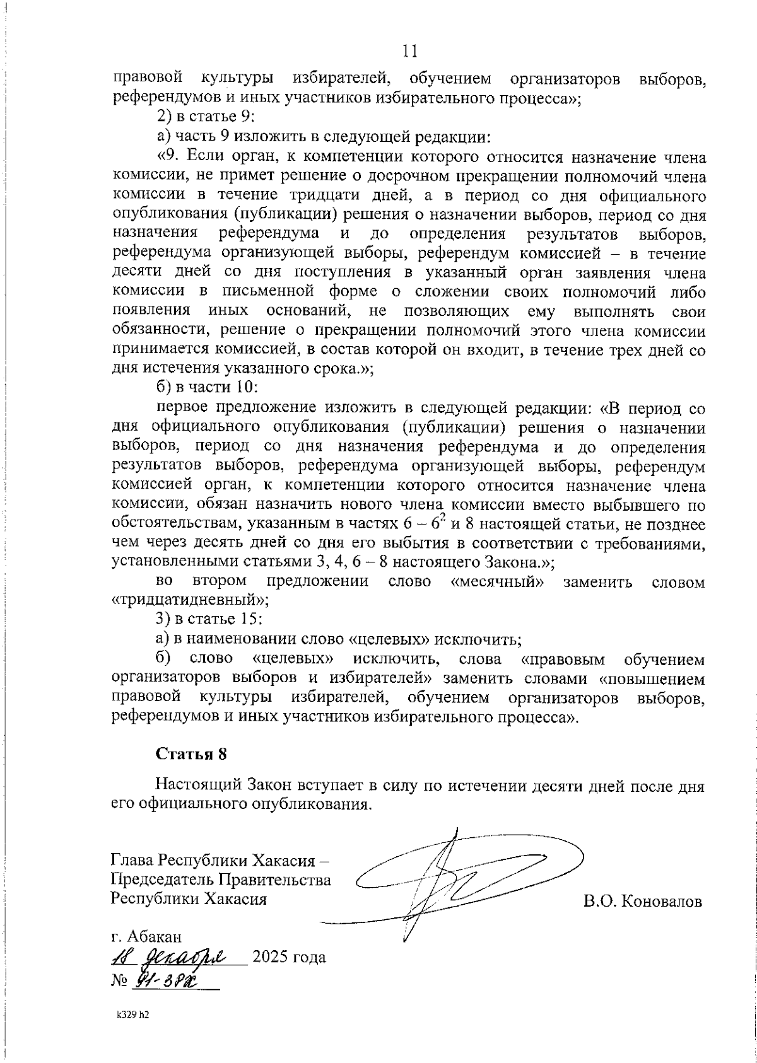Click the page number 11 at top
point(409,52)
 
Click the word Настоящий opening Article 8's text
point(196,787)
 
